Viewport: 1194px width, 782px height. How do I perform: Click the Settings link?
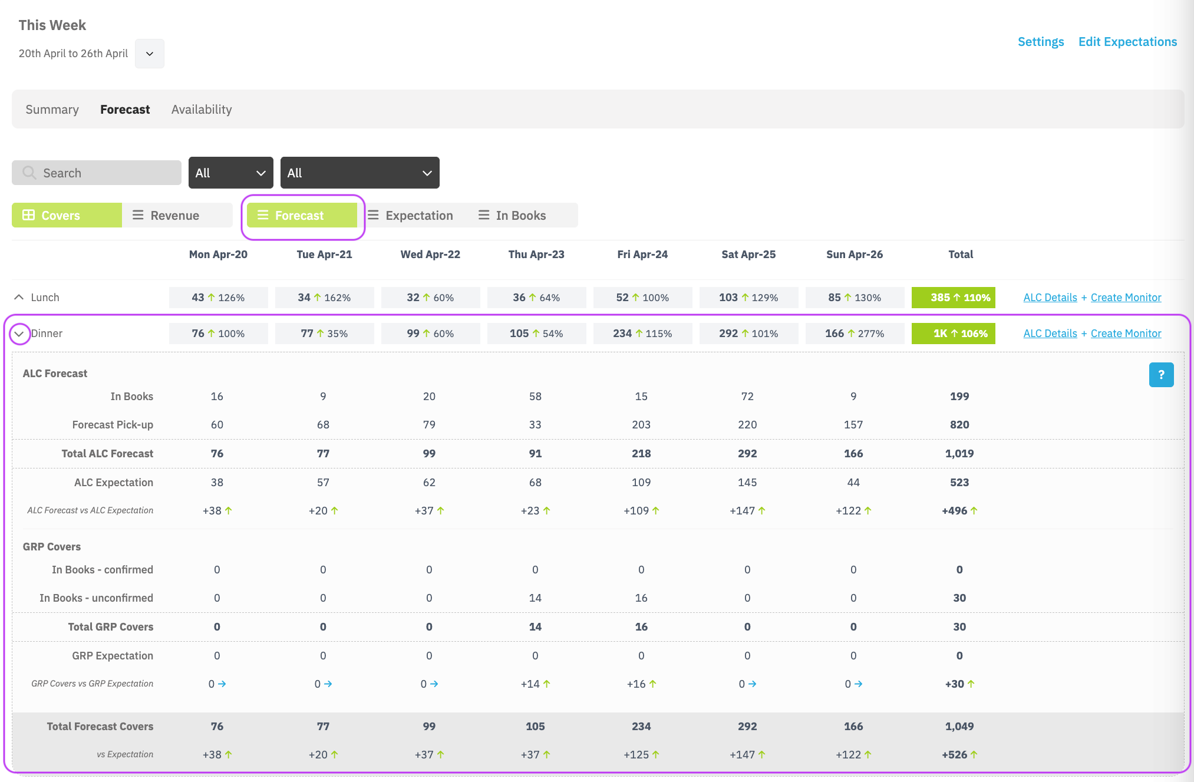(1041, 42)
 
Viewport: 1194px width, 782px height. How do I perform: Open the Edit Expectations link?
(1127, 42)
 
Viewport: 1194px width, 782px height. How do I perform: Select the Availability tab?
(202, 110)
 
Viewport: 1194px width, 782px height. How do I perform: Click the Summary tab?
(52, 110)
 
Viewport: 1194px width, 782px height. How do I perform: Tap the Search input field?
(97, 173)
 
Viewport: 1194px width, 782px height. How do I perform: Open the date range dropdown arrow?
(150, 54)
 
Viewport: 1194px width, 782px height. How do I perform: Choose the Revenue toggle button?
(177, 215)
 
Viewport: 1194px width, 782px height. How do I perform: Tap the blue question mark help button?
(1161, 375)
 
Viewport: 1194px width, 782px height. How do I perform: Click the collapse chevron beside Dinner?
(19, 334)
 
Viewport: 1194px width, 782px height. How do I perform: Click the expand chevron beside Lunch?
(19, 298)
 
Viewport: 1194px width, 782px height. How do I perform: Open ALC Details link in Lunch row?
(1050, 298)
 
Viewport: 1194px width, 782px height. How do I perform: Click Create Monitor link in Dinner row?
(1126, 334)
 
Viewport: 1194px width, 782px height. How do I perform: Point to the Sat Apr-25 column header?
(748, 255)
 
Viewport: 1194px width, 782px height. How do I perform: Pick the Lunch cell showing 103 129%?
(748, 298)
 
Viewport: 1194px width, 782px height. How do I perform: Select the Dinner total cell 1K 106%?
(954, 334)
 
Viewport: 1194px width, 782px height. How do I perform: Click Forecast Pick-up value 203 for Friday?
(641, 425)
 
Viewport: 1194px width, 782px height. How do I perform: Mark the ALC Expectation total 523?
(959, 483)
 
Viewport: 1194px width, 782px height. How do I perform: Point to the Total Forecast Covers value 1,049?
(959, 727)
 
